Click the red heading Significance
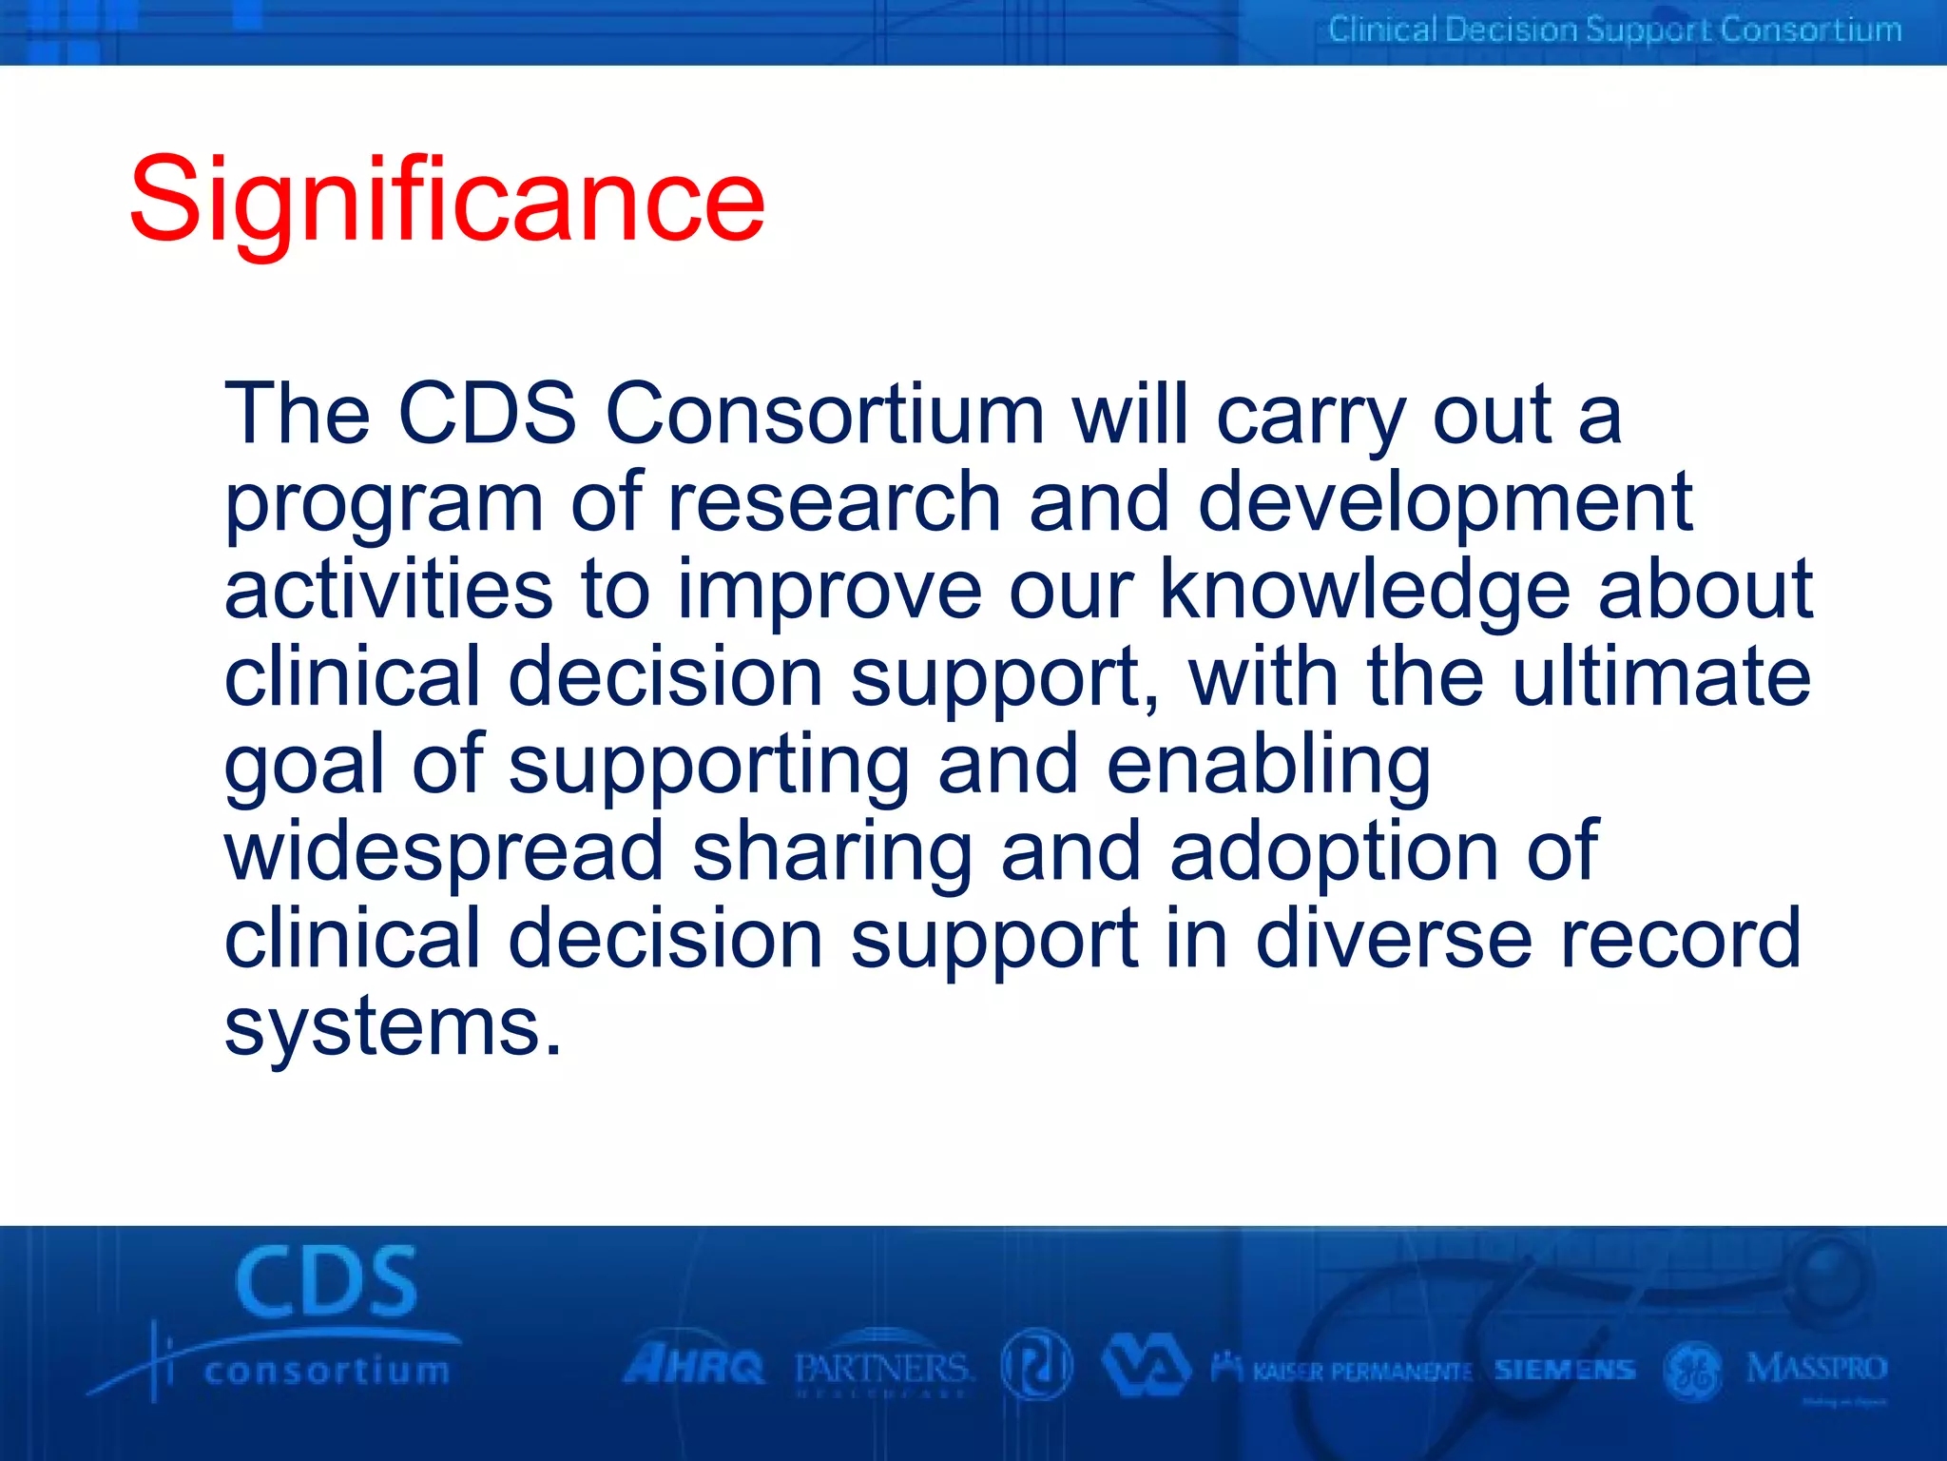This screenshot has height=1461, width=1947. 447,200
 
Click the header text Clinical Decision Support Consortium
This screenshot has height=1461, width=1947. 1614,29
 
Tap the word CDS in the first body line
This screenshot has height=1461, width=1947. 487,414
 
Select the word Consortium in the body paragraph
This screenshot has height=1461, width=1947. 825,414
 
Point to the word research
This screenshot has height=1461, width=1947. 835,501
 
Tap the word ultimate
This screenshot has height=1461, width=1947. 1662,676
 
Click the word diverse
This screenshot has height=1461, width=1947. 1393,940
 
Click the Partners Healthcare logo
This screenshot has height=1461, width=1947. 883,1371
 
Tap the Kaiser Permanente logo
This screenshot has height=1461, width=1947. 1342,1371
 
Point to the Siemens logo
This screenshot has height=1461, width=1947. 1565,1370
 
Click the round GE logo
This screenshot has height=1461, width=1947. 1693,1371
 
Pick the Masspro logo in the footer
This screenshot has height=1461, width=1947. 1817,1369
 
